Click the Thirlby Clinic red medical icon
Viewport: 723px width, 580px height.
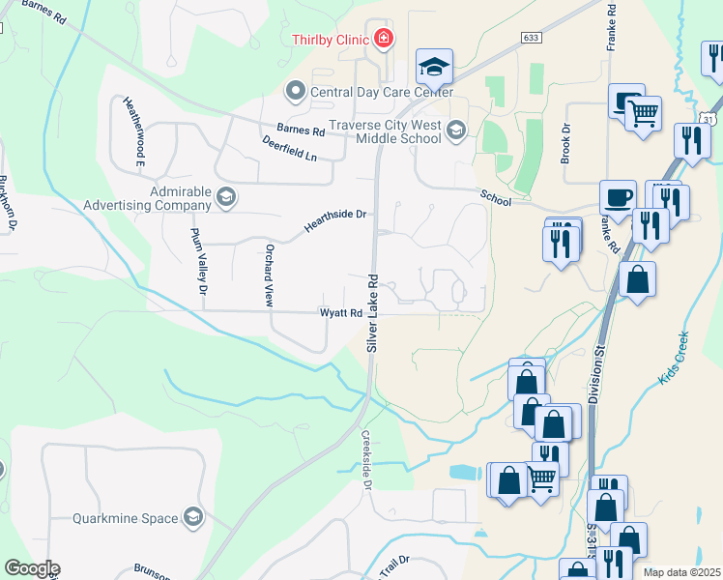coord(384,39)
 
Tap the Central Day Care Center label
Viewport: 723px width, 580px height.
coord(381,93)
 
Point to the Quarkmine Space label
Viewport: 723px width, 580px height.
coord(124,517)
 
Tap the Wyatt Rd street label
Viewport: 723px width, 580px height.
coord(341,313)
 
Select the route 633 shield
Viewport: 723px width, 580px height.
coord(530,38)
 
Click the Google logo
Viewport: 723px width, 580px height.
coord(31,568)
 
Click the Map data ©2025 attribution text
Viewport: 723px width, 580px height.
coord(680,572)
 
